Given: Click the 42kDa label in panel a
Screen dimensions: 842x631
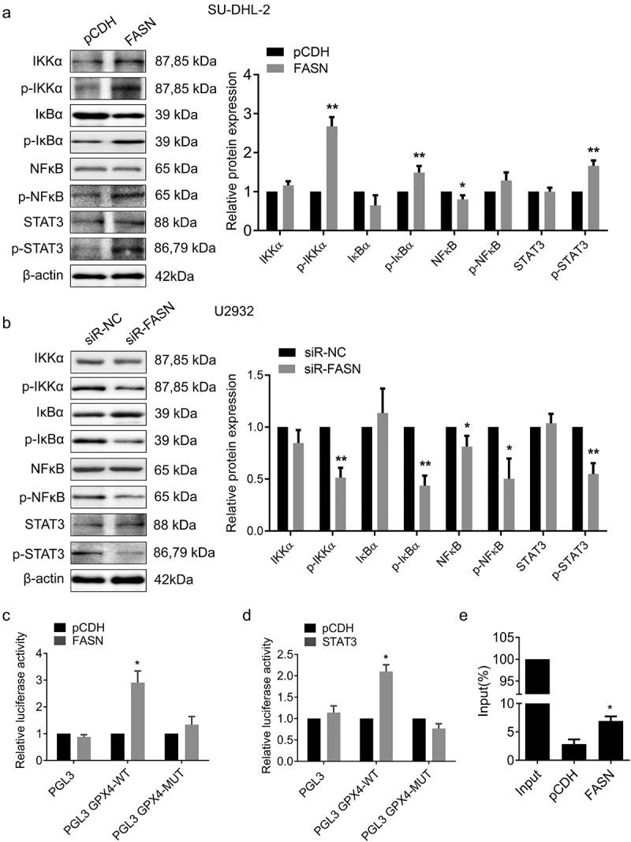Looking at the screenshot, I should pyautogui.click(x=185, y=275).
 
